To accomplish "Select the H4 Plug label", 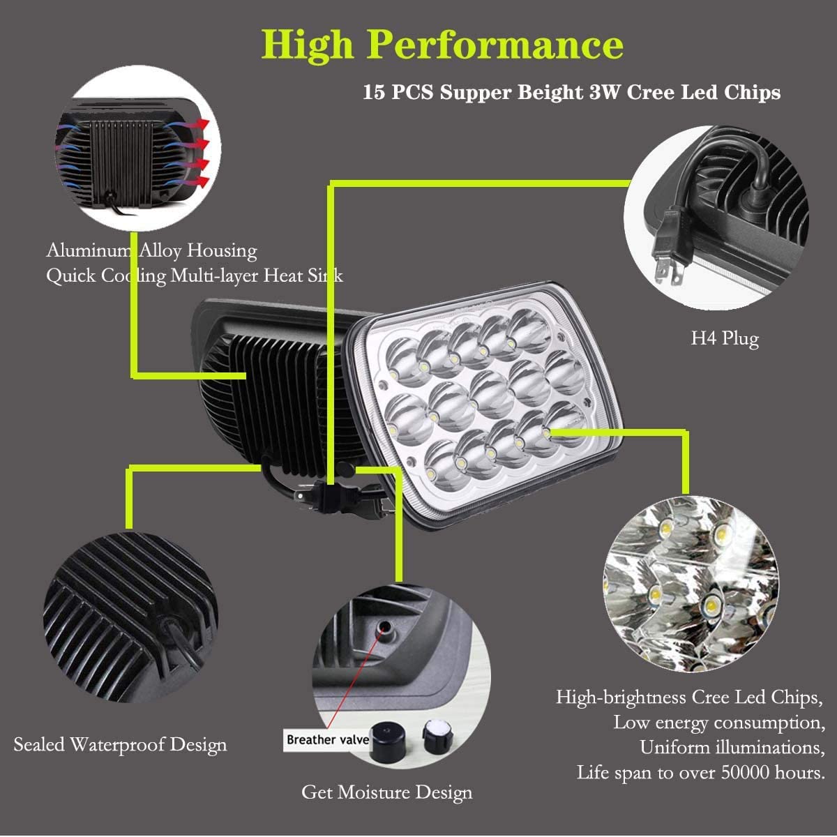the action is (x=725, y=338).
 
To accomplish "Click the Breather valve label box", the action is (x=328, y=739).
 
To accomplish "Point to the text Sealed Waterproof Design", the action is (x=120, y=744).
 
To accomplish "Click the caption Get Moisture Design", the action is (x=386, y=792).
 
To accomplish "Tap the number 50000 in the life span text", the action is (x=745, y=772).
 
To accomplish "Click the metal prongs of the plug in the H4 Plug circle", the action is (x=670, y=272).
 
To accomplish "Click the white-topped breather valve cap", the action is (x=437, y=737).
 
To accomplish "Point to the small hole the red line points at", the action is (x=384, y=627).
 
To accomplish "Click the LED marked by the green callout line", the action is (x=546, y=432).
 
